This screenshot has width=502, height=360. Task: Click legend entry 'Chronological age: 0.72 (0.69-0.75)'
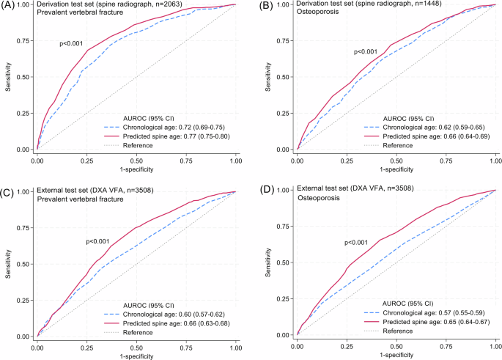click(172, 126)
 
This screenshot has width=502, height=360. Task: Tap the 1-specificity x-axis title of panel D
click(396, 354)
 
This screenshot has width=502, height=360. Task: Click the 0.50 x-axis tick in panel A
click(136, 159)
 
